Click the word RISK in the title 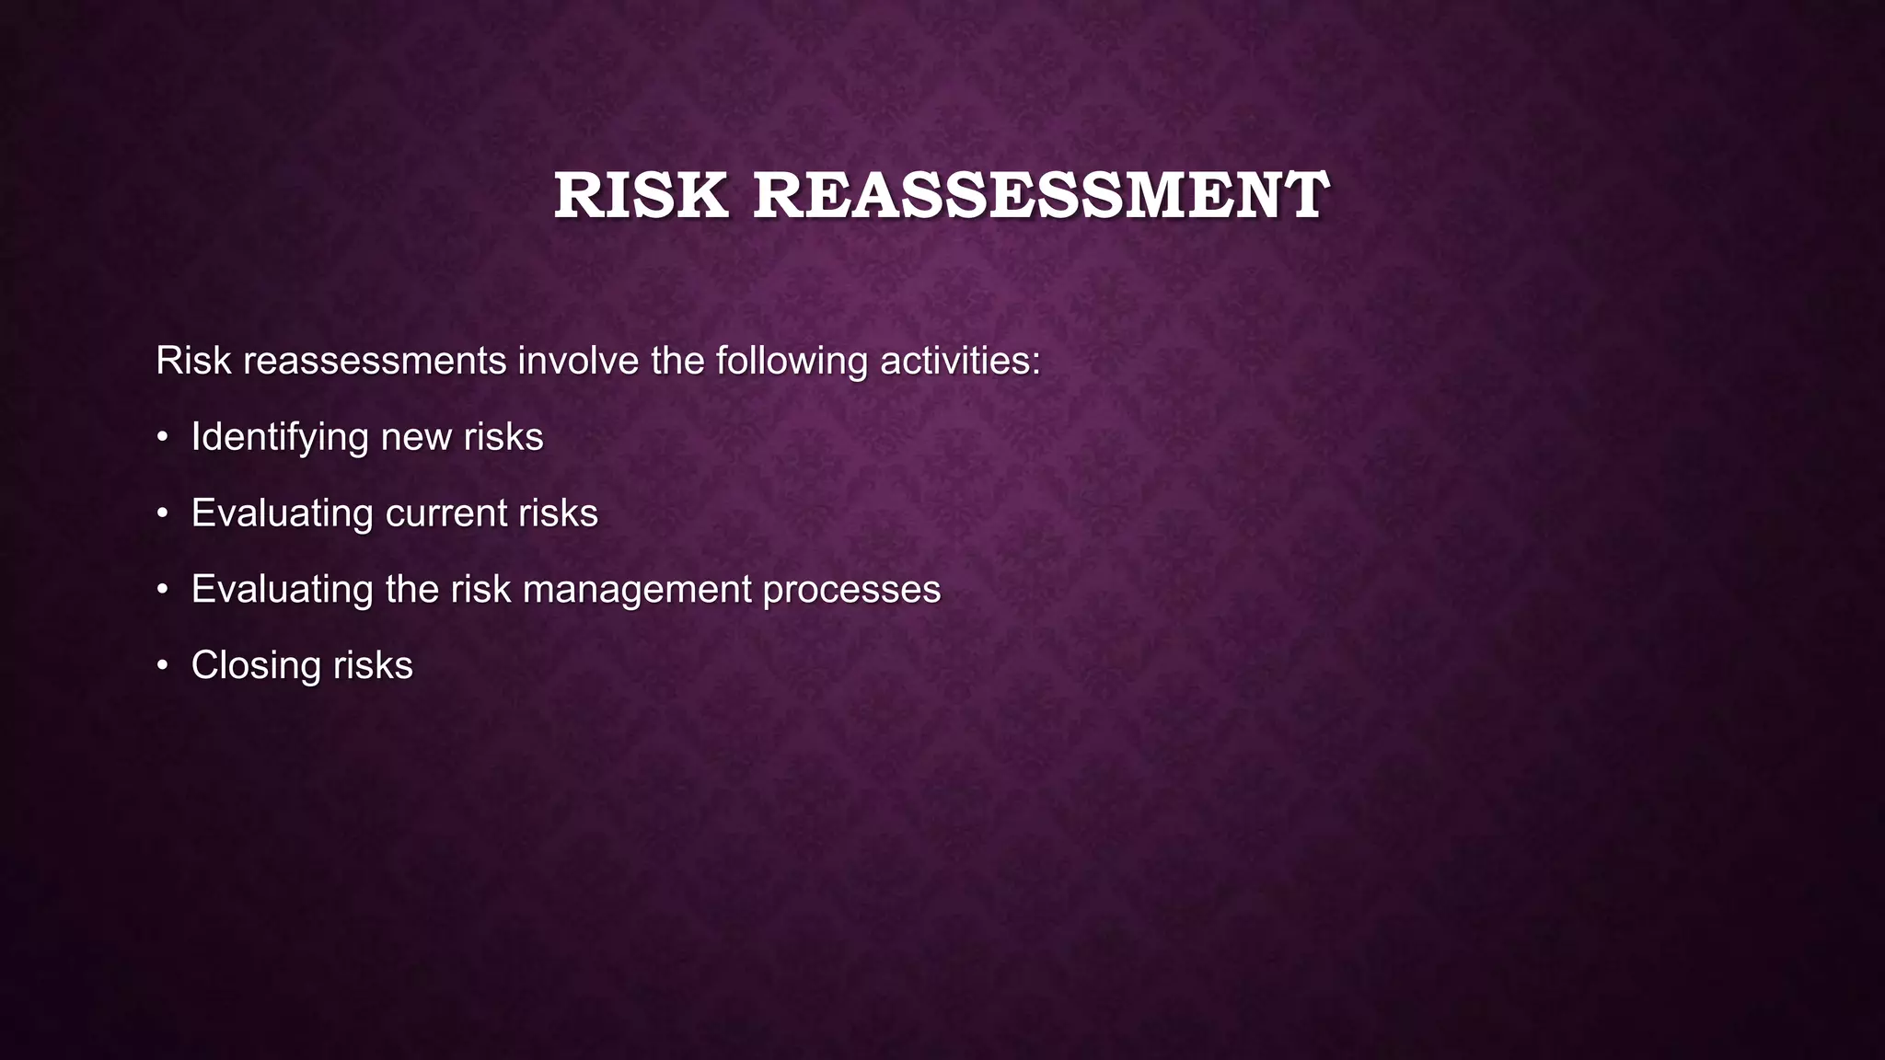641,196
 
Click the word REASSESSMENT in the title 1041,196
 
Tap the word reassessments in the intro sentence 375,361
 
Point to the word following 792,361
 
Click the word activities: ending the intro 960,361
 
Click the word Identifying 280,438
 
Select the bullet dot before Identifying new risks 162,438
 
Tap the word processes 851,590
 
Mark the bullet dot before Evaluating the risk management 162,590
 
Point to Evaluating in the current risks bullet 281,513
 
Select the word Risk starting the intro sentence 193,361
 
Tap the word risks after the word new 503,437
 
